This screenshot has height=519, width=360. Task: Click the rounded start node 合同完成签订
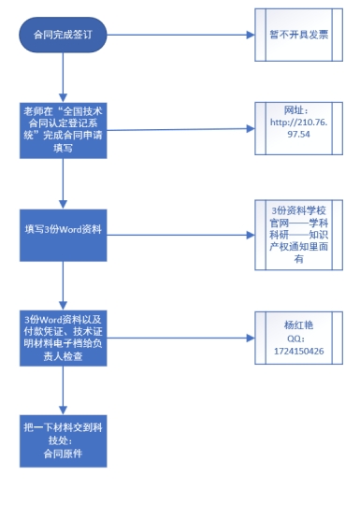(63, 35)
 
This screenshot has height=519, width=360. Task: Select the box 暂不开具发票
(298, 35)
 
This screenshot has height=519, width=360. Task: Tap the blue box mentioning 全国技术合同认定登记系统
(64, 130)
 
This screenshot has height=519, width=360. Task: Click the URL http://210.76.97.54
(299, 128)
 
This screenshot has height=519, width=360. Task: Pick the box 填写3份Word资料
(64, 235)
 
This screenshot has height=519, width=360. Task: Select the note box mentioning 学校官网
(298, 235)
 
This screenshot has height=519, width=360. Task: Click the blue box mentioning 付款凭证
(64, 338)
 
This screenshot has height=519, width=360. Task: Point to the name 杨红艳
(298, 325)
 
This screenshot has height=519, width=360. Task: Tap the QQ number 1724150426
(298, 352)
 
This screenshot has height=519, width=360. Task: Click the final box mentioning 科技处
(64, 440)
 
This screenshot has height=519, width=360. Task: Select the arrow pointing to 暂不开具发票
(180, 35)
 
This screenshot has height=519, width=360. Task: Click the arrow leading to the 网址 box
(180, 129)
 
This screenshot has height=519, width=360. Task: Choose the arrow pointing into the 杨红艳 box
(180, 338)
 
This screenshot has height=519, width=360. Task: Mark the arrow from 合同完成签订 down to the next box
(63, 78)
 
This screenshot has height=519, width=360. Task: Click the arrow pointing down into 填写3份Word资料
(63, 183)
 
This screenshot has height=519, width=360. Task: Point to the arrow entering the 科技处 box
(63, 391)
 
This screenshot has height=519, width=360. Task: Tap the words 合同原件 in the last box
(63, 454)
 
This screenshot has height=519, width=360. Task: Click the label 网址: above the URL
(295, 110)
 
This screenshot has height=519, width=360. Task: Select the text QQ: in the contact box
(295, 339)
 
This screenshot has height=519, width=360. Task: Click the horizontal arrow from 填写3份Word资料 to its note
(180, 235)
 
